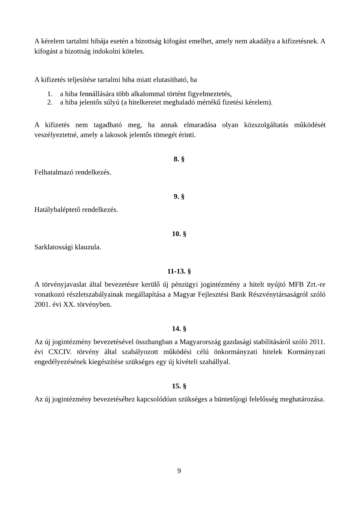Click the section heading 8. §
[x=179, y=159]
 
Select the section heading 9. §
[x=179, y=197]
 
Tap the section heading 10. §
[x=179, y=234]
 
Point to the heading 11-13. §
[x=179, y=271]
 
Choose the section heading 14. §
[x=179, y=329]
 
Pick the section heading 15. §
[x=179, y=386]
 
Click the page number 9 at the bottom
[x=179, y=471]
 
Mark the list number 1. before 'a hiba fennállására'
[x=50, y=94]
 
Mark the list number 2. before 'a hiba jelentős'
[x=50, y=102]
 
